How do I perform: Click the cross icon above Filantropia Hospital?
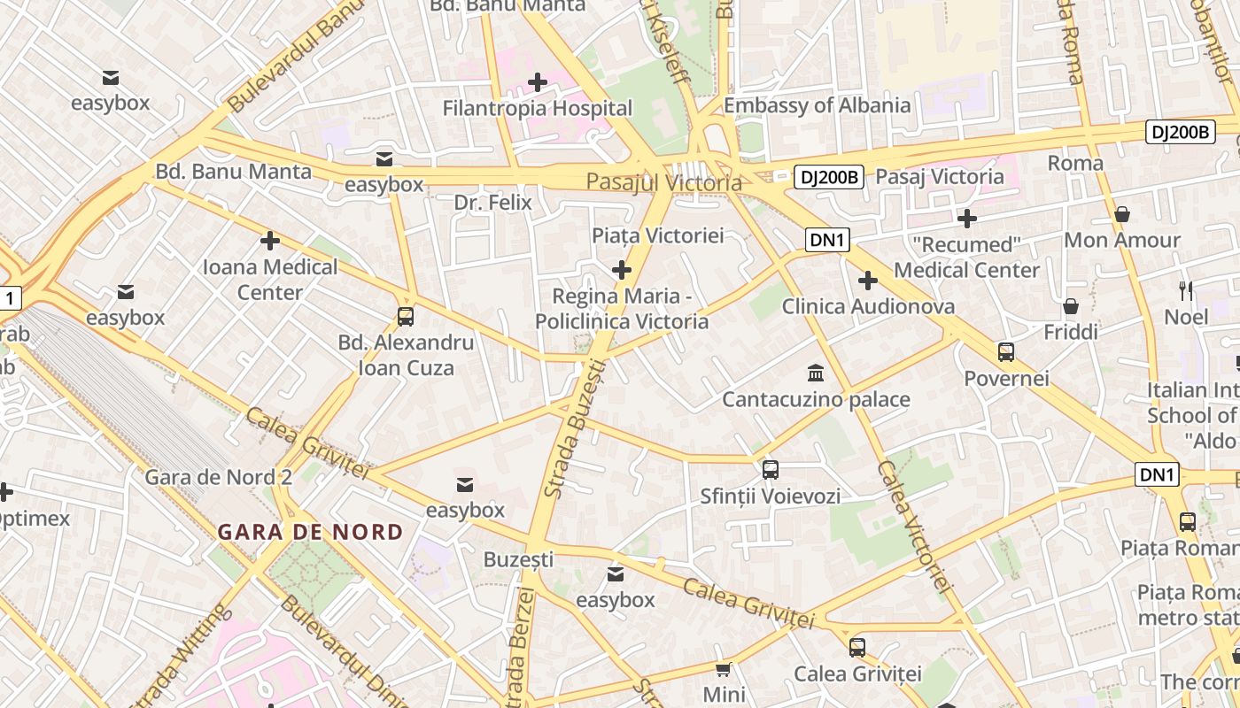(x=538, y=83)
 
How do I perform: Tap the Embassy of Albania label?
(x=817, y=105)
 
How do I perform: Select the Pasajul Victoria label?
(x=663, y=182)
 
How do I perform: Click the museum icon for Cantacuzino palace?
(x=816, y=373)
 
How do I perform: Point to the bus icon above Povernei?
(x=1006, y=352)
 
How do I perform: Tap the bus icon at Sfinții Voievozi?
(x=771, y=469)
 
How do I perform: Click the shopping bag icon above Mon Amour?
(x=1122, y=214)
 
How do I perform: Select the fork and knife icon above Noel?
(x=1186, y=290)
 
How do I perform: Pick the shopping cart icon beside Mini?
(x=724, y=669)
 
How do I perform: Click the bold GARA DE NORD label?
(x=310, y=532)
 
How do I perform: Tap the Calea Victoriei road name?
(x=914, y=526)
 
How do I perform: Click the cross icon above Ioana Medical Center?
(x=270, y=241)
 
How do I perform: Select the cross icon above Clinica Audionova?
(x=868, y=281)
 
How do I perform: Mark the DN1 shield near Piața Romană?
(x=1157, y=475)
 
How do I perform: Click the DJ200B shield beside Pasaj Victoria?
(x=828, y=177)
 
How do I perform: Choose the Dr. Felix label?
(x=492, y=203)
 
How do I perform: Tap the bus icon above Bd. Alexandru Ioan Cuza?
(x=406, y=316)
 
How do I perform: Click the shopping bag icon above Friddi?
(x=1071, y=306)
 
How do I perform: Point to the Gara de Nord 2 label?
(x=218, y=477)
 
